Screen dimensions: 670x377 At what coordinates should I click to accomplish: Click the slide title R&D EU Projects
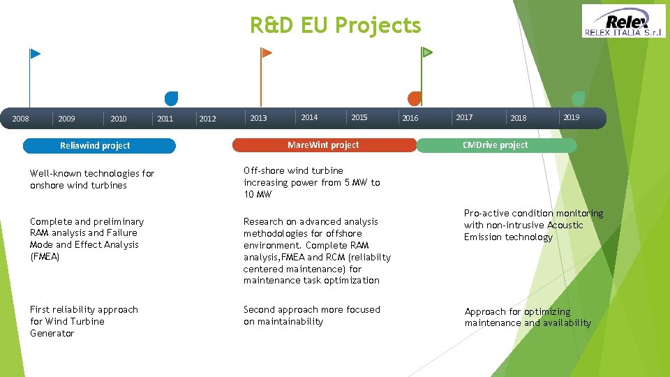click(x=336, y=26)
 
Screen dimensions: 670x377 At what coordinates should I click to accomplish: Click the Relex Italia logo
click(x=624, y=21)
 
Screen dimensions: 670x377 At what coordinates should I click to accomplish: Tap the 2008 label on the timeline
click(x=21, y=119)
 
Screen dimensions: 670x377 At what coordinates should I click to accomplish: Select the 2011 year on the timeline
click(x=165, y=119)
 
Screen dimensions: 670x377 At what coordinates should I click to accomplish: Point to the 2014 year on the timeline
click(x=309, y=117)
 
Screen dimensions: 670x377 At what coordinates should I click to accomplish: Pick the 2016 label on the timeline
click(x=410, y=118)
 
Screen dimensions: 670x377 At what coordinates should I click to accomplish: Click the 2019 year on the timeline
click(x=572, y=117)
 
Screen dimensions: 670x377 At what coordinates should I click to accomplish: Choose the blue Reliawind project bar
click(x=99, y=146)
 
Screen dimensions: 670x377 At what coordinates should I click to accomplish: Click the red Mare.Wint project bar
click(x=324, y=145)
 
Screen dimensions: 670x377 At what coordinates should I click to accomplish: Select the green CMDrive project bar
click(x=496, y=145)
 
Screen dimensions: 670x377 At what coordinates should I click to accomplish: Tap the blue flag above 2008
click(x=35, y=54)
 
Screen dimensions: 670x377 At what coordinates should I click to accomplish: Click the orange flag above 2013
click(x=266, y=52)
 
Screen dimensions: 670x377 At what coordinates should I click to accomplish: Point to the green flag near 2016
click(x=427, y=52)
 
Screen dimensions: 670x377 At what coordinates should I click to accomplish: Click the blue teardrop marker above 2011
click(x=171, y=98)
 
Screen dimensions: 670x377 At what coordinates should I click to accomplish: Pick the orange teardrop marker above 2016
click(x=415, y=98)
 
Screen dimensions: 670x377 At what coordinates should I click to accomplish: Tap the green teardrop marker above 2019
click(x=578, y=98)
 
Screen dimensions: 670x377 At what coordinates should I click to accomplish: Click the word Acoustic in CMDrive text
click(x=565, y=226)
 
